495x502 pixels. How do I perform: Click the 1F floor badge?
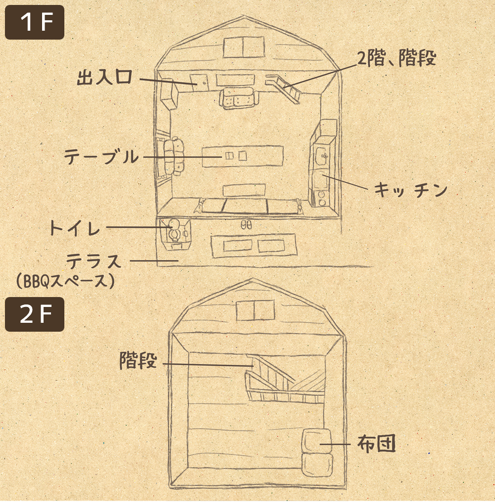[x=35, y=22]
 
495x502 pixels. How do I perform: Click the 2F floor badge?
[x=35, y=314]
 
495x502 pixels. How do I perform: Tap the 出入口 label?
[x=104, y=78]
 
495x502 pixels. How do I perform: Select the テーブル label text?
[x=101, y=157]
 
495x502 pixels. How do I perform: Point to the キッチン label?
[x=410, y=190]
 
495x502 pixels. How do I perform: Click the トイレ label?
[x=74, y=228]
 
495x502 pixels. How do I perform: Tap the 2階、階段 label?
[x=396, y=59]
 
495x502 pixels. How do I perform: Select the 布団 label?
[x=376, y=444]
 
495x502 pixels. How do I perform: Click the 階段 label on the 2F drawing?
[x=138, y=360]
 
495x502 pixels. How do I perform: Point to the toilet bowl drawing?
[x=174, y=229]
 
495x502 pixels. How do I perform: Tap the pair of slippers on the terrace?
[x=246, y=224]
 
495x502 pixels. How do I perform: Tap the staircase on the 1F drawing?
[x=286, y=87]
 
